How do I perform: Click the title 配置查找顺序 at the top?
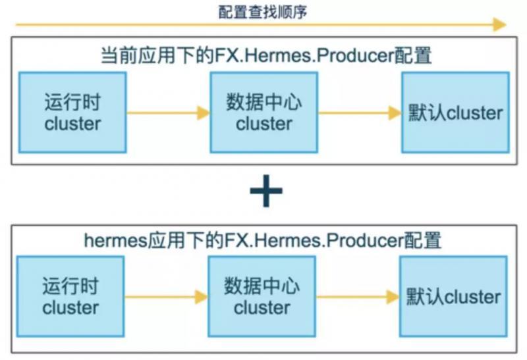[263, 13]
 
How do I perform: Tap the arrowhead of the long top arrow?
[500, 24]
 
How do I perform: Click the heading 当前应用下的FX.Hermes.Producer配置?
[266, 55]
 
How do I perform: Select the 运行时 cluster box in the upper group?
[72, 113]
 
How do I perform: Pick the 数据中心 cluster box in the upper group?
[264, 113]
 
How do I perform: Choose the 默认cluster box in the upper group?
[455, 113]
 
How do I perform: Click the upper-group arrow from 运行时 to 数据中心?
[169, 113]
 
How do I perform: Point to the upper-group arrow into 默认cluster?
[360, 113]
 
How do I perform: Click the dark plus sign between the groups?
[266, 191]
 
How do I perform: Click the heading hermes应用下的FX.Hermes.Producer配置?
[262, 240]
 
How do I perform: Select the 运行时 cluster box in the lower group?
[70, 297]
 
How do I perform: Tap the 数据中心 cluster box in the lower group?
[262, 297]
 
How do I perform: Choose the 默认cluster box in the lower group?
[453, 297]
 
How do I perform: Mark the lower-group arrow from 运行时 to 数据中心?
[167, 297]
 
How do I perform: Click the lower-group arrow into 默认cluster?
[358, 297]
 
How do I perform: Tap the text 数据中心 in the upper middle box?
[264, 102]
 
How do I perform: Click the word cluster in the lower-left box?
[70, 307]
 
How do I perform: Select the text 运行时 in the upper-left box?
[72, 102]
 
